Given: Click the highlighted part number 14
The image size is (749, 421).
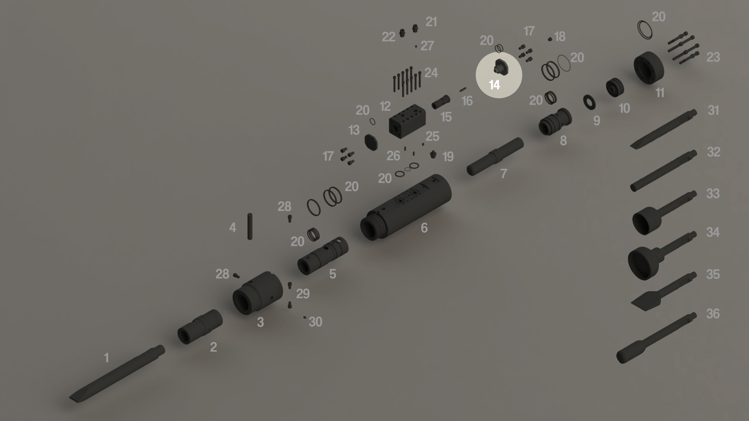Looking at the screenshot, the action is click(x=494, y=85).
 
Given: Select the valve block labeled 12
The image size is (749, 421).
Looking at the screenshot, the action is click(x=407, y=121).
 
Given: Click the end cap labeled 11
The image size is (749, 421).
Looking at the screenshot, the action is click(x=649, y=68).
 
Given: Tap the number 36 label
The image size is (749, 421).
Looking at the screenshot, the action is click(x=713, y=314).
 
